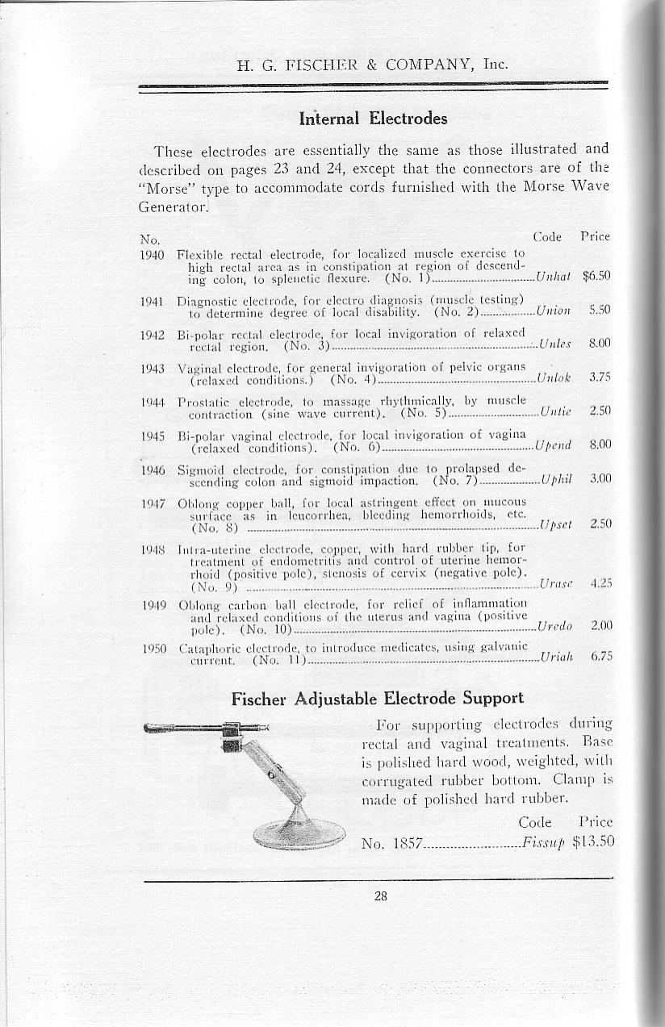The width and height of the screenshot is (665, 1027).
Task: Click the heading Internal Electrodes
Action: (x=372, y=119)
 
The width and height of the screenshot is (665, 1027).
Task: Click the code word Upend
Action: (x=554, y=445)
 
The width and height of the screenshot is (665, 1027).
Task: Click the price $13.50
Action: (x=593, y=842)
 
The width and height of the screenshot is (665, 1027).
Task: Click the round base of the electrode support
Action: (x=299, y=832)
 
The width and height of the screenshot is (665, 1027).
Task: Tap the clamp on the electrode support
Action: (x=232, y=736)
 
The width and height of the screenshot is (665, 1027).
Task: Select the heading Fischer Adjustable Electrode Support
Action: (x=377, y=698)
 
